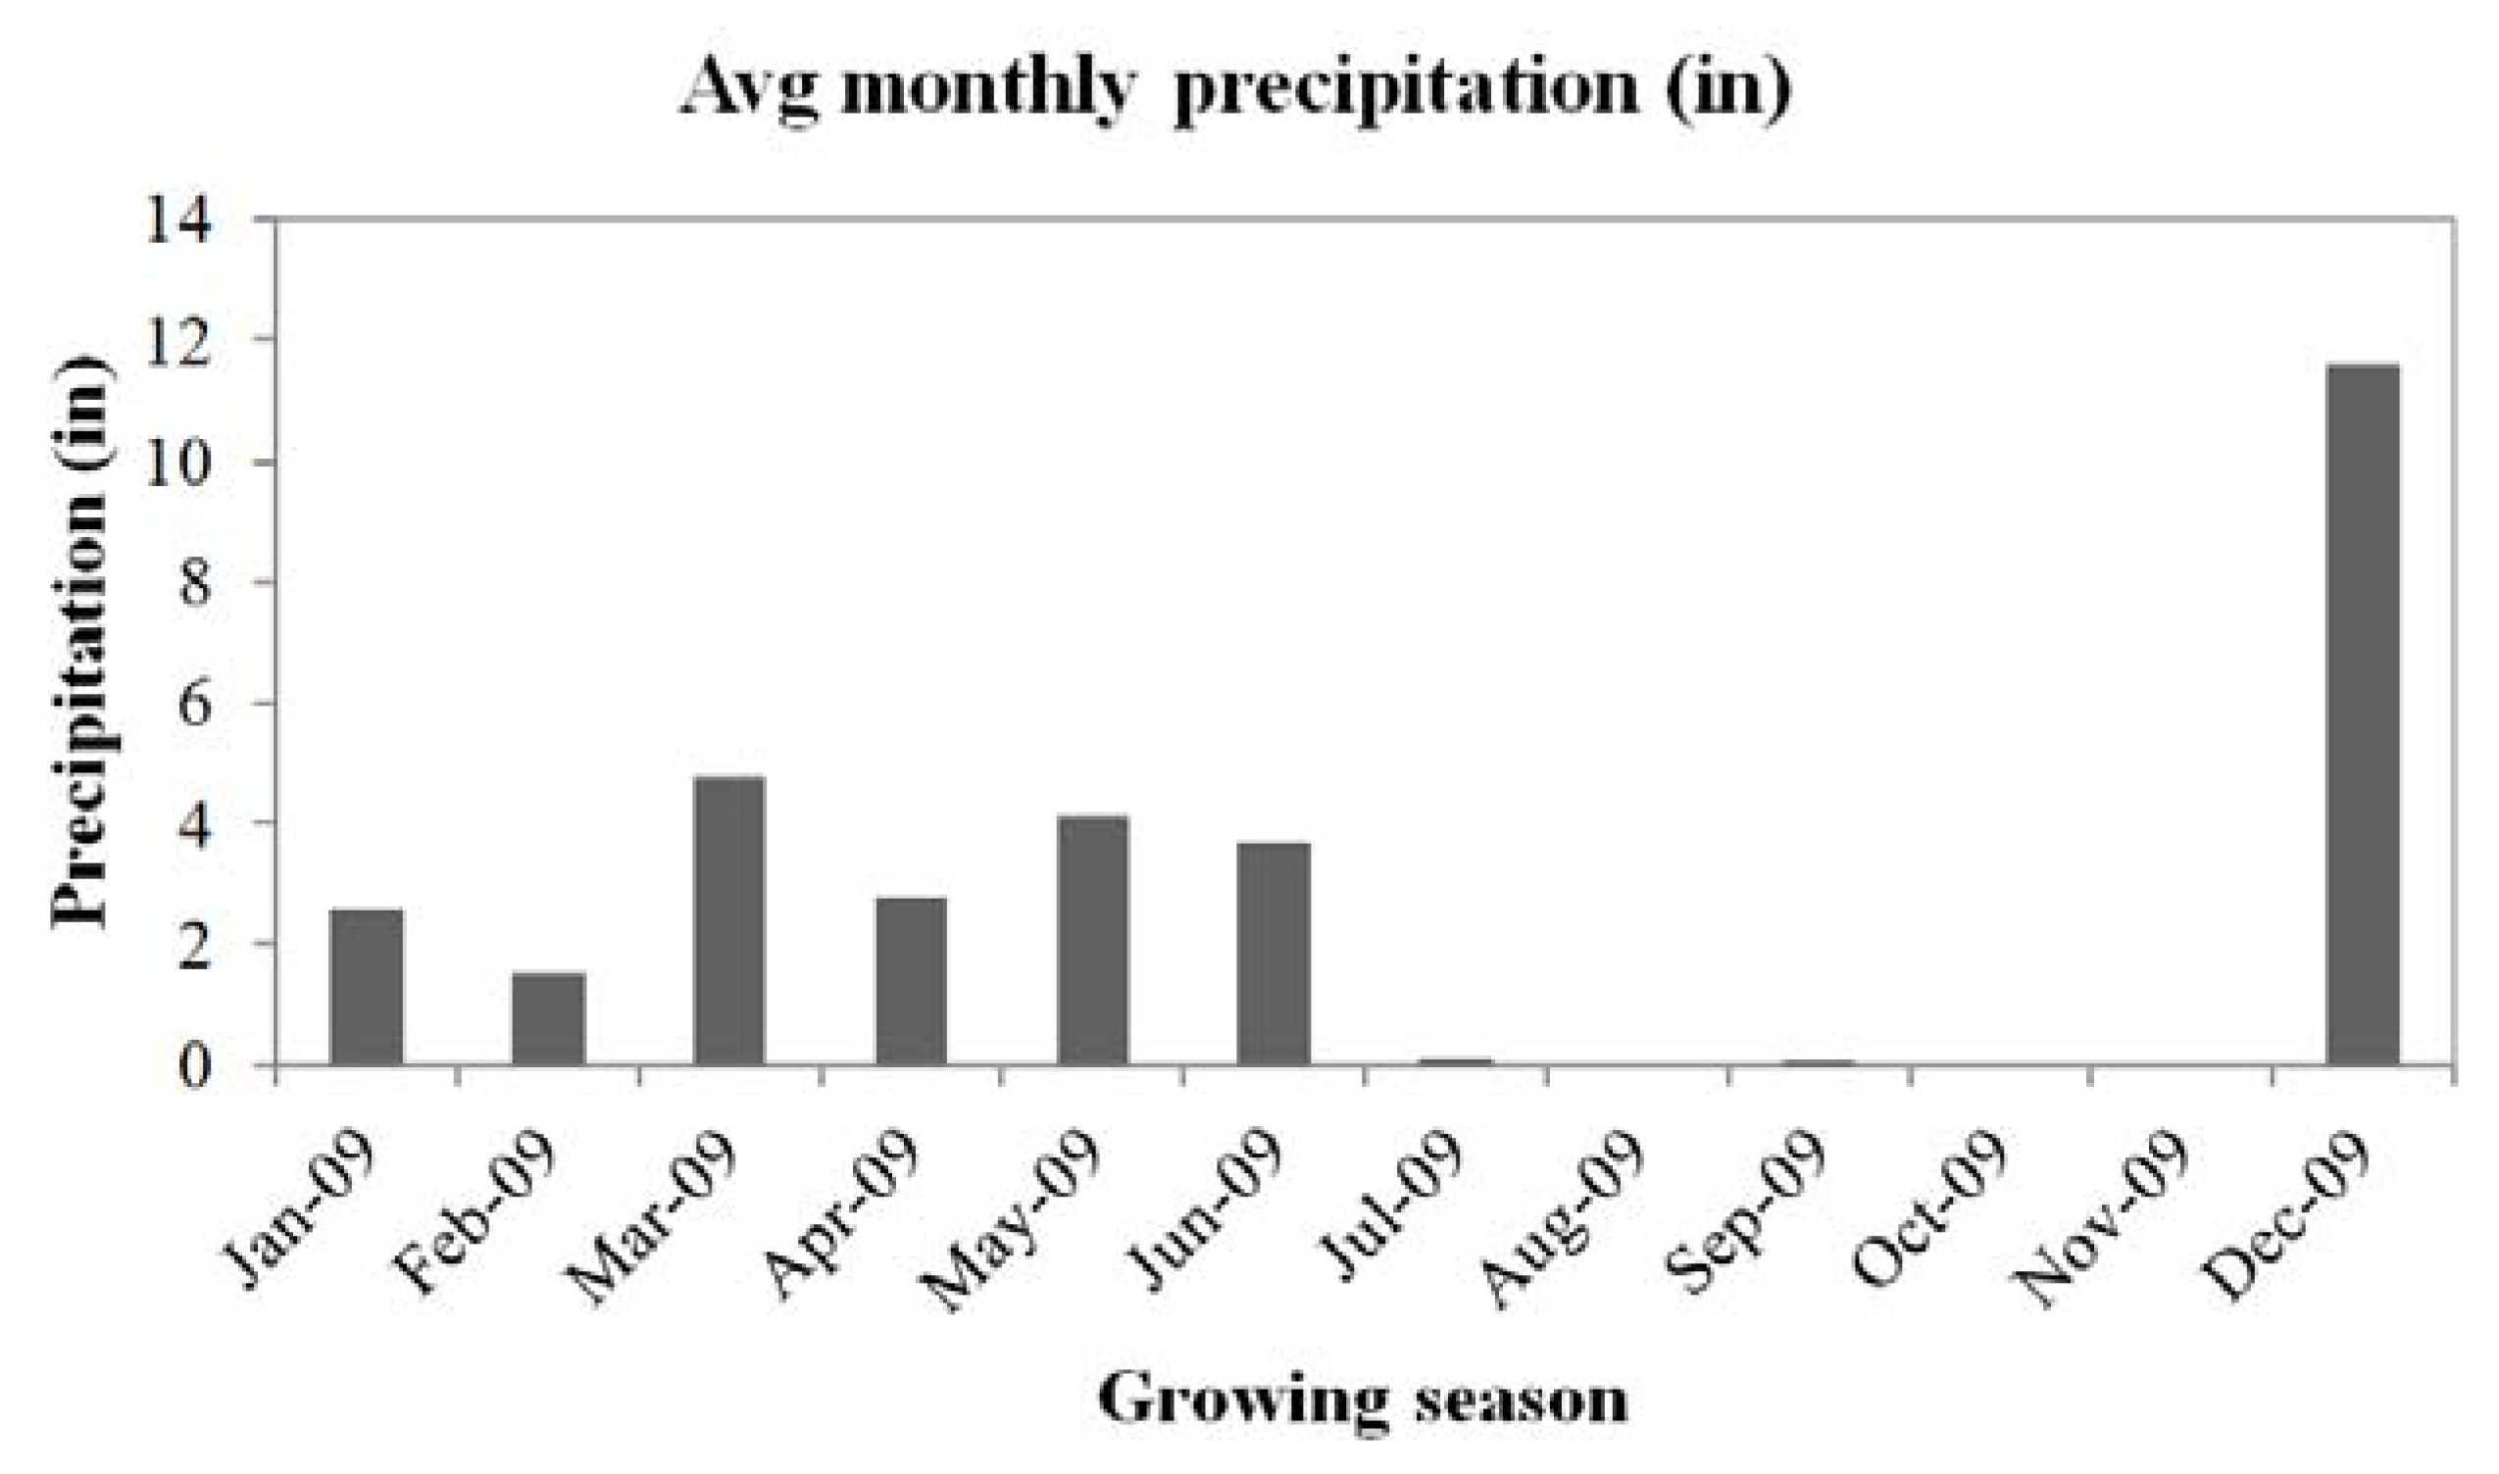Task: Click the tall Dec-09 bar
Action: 2364,714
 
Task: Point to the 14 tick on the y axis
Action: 178,219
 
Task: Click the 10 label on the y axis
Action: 178,463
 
